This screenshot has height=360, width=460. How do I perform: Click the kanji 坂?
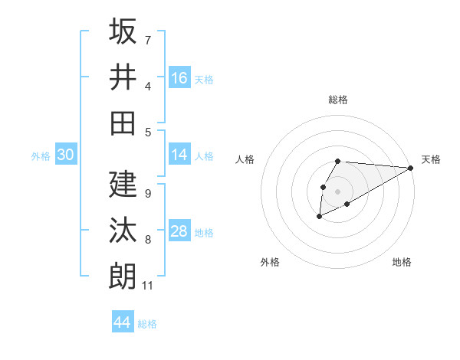point(123,32)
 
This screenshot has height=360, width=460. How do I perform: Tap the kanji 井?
point(123,77)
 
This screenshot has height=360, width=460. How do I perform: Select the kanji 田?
point(123,123)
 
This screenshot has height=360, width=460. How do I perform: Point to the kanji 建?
point(123,185)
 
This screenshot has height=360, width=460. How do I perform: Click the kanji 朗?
point(123,277)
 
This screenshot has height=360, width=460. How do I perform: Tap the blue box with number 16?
point(179,78)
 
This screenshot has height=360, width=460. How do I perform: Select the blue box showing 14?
point(179,155)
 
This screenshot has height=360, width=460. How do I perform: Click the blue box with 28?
point(179,231)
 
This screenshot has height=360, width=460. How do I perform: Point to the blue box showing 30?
point(65,155)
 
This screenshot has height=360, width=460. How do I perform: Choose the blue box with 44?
point(123,322)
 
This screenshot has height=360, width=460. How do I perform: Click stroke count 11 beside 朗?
point(148,286)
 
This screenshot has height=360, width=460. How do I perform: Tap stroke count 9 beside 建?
point(147,194)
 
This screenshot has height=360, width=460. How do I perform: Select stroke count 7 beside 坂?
point(147,39)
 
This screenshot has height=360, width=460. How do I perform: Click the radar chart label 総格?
point(338,100)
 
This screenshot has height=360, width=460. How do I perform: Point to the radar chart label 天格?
point(431,159)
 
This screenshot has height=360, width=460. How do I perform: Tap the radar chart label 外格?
point(270,262)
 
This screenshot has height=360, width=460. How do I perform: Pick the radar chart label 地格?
point(402,262)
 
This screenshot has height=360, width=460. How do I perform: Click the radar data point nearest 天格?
point(411,168)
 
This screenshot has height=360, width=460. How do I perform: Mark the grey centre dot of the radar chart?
point(338,191)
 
